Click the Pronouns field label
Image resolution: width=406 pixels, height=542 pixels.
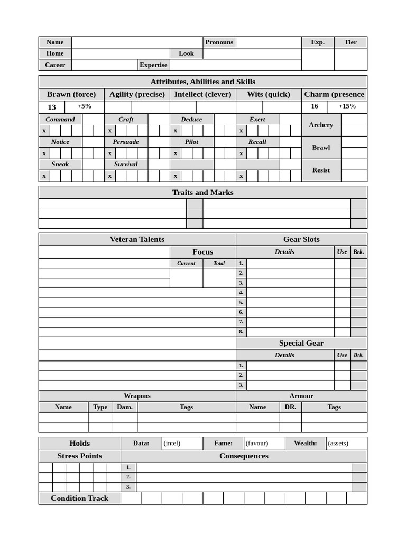(x=219, y=42)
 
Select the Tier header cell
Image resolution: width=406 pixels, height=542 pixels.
(x=350, y=42)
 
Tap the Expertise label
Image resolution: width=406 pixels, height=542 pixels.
(x=153, y=65)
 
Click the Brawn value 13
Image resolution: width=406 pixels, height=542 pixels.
(x=52, y=107)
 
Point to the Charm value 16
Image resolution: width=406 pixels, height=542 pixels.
(x=315, y=106)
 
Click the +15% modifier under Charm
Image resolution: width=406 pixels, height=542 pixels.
(x=347, y=106)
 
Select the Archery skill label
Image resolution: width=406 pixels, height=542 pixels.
(x=321, y=125)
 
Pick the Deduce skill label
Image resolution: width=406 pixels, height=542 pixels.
(x=191, y=120)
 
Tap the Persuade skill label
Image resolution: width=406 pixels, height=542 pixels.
(x=126, y=142)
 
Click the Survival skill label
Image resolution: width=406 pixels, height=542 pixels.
(x=126, y=164)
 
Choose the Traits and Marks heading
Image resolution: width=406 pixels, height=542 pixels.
(x=202, y=193)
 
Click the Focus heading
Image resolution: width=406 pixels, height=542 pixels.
(x=203, y=252)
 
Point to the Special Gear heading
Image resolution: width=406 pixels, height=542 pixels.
(x=301, y=343)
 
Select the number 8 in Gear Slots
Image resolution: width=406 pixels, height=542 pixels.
(x=241, y=332)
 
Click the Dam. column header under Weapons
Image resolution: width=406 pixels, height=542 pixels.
(x=125, y=407)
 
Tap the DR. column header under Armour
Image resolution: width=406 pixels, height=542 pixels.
(x=290, y=407)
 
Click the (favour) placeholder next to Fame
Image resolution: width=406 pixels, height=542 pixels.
(x=257, y=444)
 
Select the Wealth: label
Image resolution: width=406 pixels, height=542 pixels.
(x=306, y=444)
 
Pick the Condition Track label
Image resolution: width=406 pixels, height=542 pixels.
(x=79, y=498)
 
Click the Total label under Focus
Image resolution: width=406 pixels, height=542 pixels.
(x=219, y=263)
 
